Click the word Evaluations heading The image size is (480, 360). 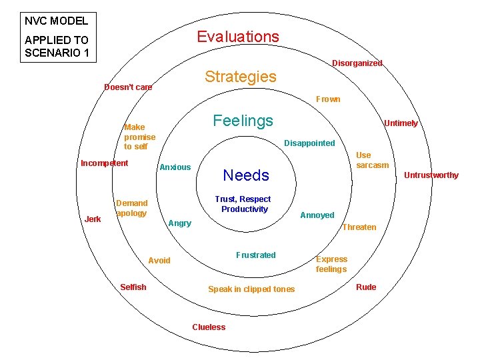(238, 37)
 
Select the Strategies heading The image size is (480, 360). (240, 77)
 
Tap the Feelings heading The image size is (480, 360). (243, 121)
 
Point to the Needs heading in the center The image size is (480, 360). (246, 175)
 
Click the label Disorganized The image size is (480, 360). (357, 63)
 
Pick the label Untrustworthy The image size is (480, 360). (433, 175)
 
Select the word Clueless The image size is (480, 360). (209, 327)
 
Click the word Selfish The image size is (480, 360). (133, 287)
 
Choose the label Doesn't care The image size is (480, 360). (128, 87)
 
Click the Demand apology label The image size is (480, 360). (132, 208)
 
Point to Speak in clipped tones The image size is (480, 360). (251, 289)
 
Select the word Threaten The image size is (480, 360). (359, 227)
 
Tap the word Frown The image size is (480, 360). (328, 99)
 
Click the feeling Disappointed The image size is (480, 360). (309, 143)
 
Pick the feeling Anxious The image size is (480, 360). (175, 167)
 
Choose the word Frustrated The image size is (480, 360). (255, 255)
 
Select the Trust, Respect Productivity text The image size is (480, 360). (243, 204)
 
